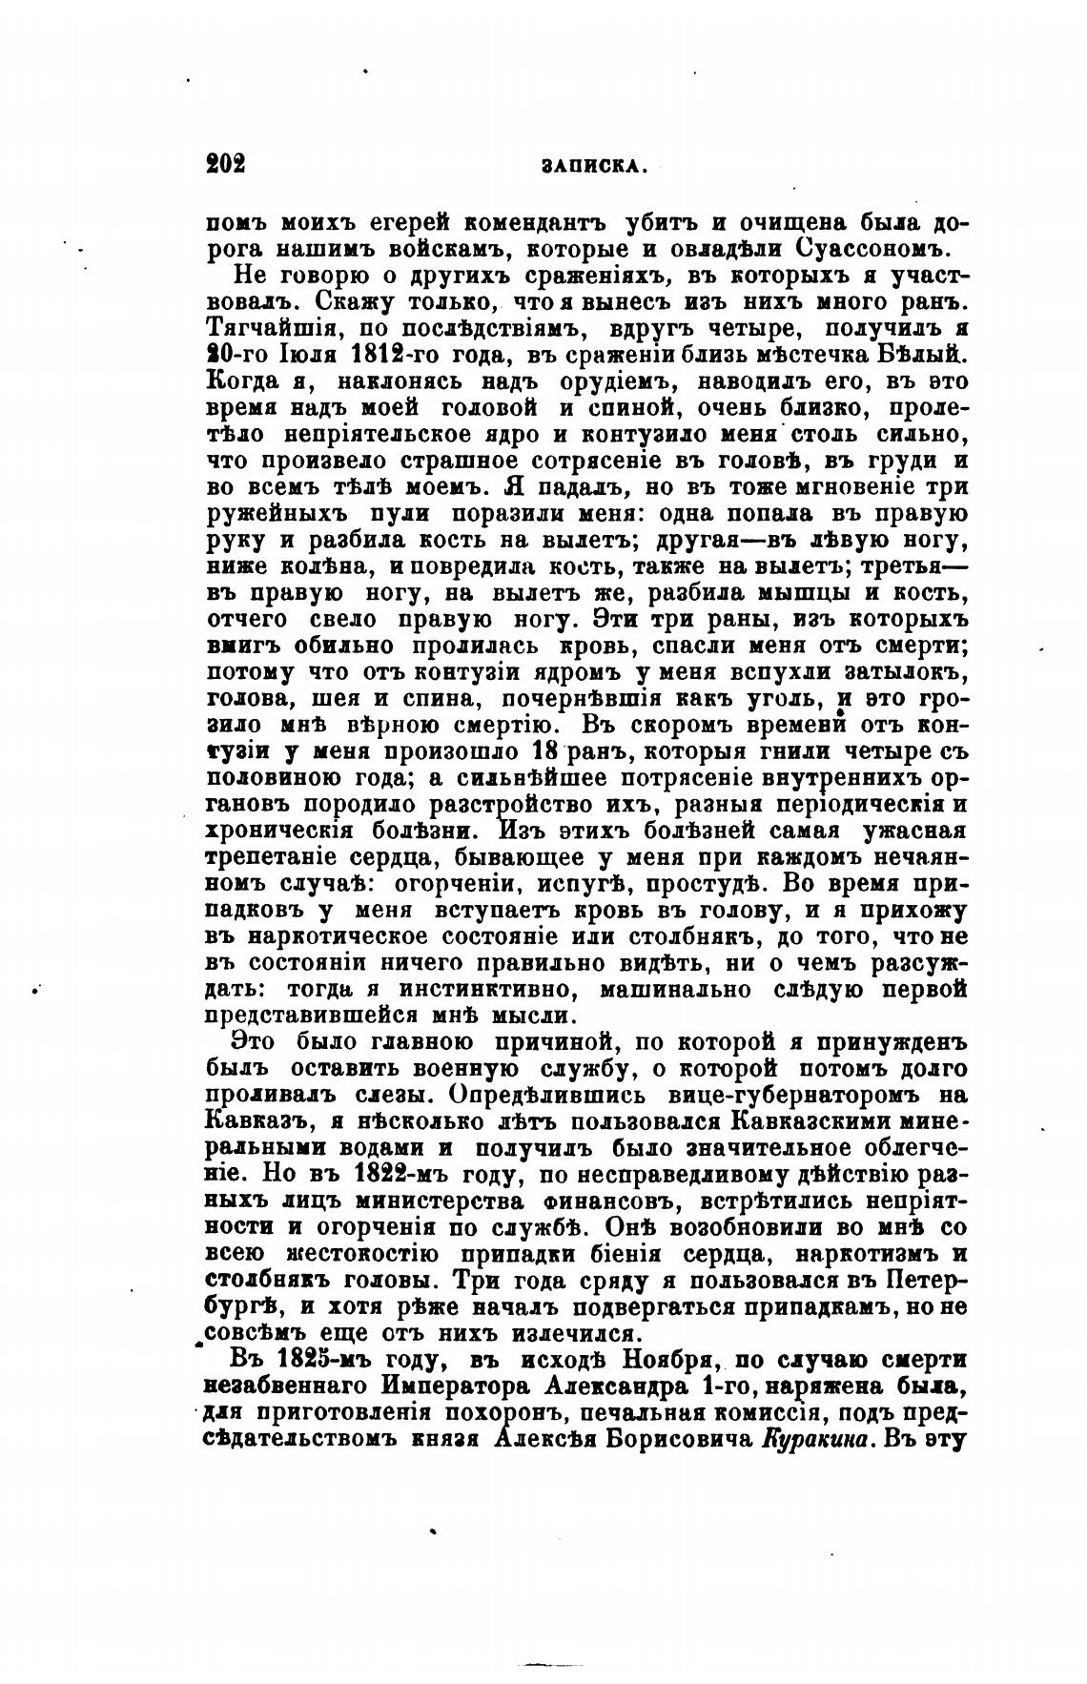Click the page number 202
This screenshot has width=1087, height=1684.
pos(226,163)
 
